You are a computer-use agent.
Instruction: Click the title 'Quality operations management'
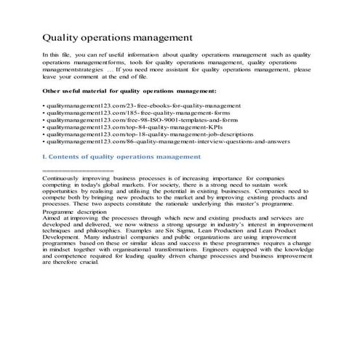tap(117, 36)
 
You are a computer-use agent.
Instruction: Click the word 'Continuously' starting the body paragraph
tap(63, 177)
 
